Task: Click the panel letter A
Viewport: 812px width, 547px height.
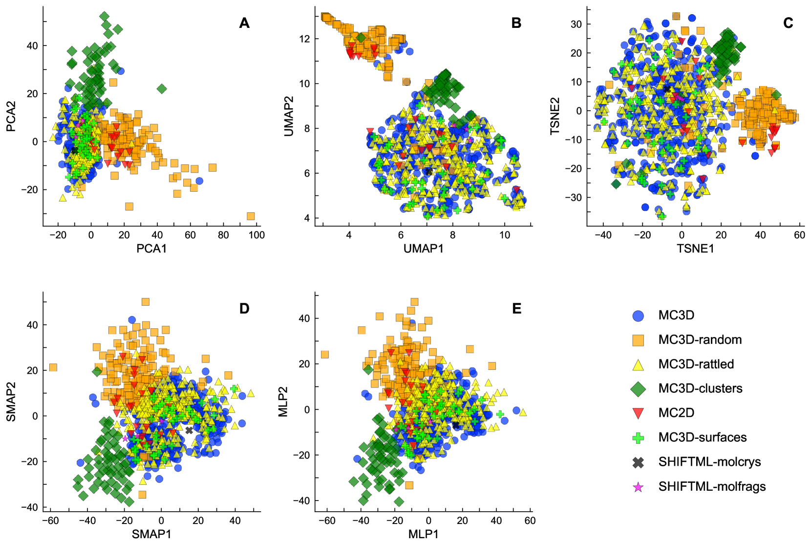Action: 244,23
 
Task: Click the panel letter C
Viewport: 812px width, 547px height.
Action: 788,23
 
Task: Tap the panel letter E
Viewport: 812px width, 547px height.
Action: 516,308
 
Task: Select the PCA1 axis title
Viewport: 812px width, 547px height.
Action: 151,249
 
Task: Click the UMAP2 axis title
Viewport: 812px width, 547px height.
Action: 289,116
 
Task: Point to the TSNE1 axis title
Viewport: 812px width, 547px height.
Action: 695,249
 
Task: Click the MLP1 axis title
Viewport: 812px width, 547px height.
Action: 423,534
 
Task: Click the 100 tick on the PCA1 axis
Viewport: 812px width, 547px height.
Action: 256,235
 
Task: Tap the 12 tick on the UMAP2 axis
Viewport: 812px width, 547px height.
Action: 305,39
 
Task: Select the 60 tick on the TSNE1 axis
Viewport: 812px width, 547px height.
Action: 799,235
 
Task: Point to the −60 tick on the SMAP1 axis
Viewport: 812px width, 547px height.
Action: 50,521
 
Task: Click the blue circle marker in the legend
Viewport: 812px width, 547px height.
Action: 638,316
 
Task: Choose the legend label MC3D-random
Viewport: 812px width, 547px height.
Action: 700,340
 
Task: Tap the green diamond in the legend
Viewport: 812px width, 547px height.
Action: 638,389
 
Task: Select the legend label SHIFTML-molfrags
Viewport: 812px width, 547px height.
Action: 712,486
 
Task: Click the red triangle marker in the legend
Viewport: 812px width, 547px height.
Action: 638,413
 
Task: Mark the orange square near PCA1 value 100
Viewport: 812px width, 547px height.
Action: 251,216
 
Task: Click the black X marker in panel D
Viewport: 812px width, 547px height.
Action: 189,431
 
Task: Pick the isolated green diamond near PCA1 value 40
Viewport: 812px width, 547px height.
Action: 162,89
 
